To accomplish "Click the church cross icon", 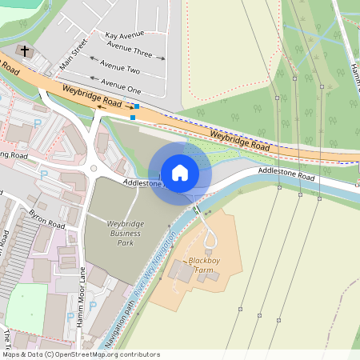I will (25, 51).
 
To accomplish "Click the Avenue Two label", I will (126, 70).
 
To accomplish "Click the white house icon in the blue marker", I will (180, 172).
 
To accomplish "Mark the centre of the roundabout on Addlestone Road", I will (95, 169).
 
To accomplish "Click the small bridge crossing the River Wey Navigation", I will (196, 210).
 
